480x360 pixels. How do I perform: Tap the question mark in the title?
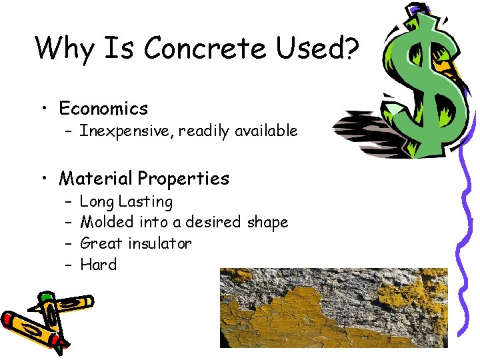(x=351, y=48)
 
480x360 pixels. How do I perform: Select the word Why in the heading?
(x=65, y=48)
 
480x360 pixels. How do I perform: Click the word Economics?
(x=103, y=108)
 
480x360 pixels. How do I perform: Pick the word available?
(x=265, y=131)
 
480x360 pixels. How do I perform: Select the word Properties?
(x=183, y=179)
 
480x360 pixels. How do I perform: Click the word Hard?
(x=98, y=265)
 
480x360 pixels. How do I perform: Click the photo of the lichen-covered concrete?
(x=333, y=307)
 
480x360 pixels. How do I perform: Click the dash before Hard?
(x=68, y=265)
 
